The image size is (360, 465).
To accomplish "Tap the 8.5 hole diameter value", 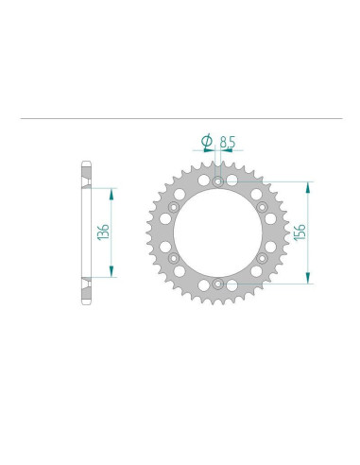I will pyautogui.click(x=227, y=144).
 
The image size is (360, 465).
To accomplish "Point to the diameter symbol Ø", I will pyautogui.click(x=207, y=143).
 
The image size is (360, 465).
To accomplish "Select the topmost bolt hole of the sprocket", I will pyautogui.click(x=218, y=181).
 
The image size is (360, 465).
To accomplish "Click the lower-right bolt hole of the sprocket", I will pyautogui.click(x=260, y=257).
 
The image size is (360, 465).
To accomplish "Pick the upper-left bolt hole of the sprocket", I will pyautogui.click(x=175, y=205).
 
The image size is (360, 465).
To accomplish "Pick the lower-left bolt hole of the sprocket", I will pyautogui.click(x=175, y=257).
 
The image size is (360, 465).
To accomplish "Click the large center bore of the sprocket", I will pyautogui.click(x=217, y=232).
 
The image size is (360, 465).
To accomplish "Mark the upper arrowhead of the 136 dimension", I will pyautogui.click(x=111, y=191).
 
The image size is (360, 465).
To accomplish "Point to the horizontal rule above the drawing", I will pyautogui.click(x=180, y=118).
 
